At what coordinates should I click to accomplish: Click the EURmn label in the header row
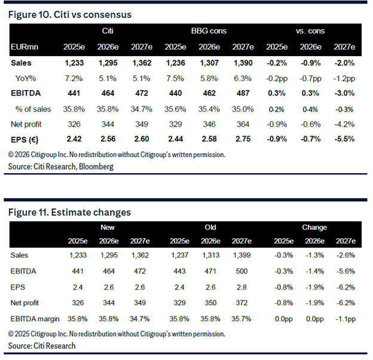24,47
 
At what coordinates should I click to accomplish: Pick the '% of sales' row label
33,109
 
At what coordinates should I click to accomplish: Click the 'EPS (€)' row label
27,139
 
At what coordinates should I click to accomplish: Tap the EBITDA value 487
244,93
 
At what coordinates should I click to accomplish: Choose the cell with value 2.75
244,139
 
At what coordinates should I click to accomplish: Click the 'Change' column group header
314,227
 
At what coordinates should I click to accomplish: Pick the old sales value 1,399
242,255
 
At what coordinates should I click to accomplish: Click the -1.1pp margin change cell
348,318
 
